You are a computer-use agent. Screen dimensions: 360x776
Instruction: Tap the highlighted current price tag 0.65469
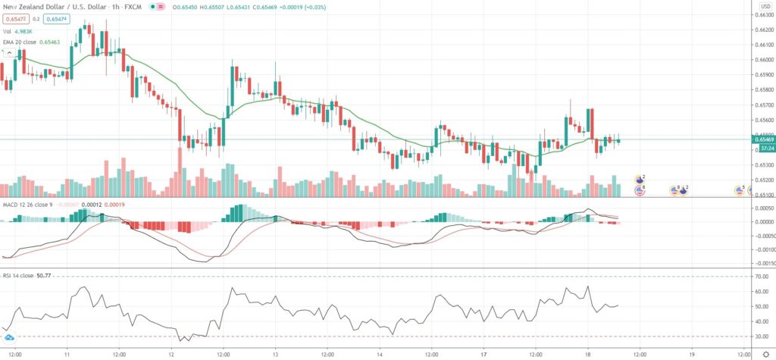coord(762,139)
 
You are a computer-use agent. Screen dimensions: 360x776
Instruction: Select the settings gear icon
coord(763,353)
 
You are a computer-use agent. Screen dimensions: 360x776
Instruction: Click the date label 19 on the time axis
coord(693,353)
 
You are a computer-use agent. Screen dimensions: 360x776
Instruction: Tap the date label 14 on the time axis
coord(380,353)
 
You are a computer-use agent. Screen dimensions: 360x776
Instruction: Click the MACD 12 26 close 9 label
coord(29,204)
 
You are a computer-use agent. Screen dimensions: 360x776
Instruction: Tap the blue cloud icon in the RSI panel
coord(9,337)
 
